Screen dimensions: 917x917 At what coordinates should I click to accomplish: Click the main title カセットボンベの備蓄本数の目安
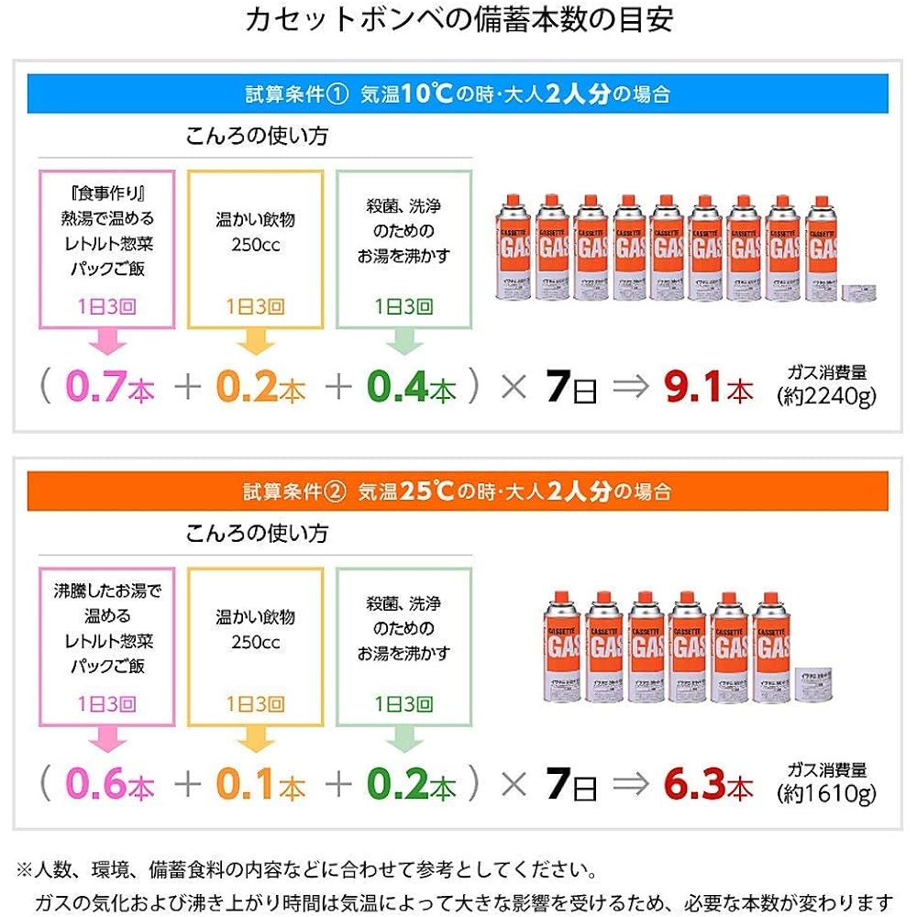[x=458, y=20]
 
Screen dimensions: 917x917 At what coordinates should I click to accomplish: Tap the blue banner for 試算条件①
[x=458, y=94]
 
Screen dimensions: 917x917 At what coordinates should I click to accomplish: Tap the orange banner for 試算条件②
[x=458, y=492]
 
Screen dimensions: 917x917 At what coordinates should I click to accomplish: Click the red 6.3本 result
[x=708, y=785]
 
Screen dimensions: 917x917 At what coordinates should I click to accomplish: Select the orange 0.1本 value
[x=260, y=785]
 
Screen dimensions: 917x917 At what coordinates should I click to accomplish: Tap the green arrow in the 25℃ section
[x=403, y=738]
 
